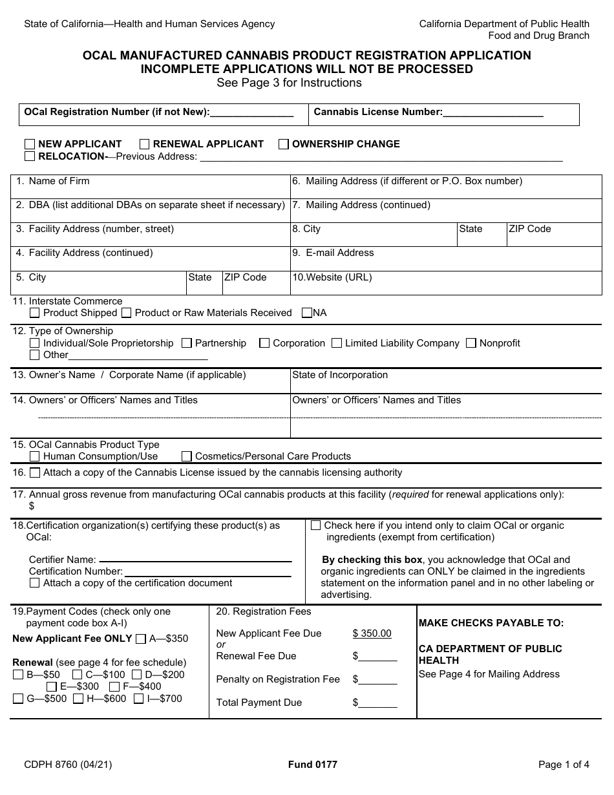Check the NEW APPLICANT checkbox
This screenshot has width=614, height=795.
click(30, 144)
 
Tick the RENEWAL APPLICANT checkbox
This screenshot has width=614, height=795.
click(145, 144)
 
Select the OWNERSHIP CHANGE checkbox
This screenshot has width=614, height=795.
click(284, 144)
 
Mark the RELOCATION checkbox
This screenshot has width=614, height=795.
click(30, 156)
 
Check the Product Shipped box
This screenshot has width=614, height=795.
click(35, 313)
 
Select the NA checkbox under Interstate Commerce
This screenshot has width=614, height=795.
click(307, 313)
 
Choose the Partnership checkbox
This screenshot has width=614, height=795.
click(187, 343)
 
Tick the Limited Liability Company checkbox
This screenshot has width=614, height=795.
click(337, 343)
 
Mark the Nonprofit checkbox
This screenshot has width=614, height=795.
click(471, 343)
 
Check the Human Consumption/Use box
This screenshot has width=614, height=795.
click(35, 456)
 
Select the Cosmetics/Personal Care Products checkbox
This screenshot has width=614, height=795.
click(187, 456)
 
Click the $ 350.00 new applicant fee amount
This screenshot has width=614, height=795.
click(372, 633)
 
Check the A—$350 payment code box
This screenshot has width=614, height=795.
click(141, 639)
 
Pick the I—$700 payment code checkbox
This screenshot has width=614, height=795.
click(139, 699)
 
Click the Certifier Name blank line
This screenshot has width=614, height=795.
click(195, 560)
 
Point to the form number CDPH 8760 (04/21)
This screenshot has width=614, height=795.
click(68, 765)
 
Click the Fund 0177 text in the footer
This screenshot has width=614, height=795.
click(313, 765)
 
